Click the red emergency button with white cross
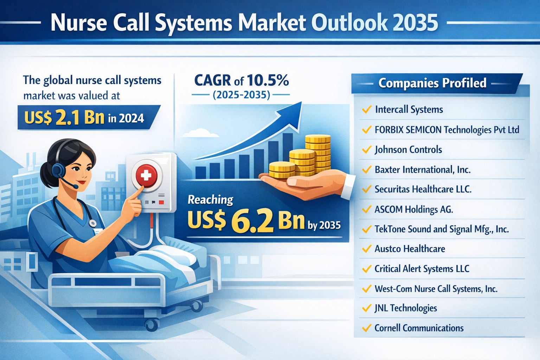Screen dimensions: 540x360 146,175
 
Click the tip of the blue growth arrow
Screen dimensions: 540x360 301,102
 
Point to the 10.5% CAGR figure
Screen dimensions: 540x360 268,80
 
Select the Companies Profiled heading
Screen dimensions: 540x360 432,83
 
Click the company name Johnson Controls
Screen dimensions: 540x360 409,150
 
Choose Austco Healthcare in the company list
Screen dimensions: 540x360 410,249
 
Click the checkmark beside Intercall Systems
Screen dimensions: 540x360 367,110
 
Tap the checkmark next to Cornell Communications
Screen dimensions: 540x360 367,328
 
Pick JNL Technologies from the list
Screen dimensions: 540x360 406,308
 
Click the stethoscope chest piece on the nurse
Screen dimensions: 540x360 92,223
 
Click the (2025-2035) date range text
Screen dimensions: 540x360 241,95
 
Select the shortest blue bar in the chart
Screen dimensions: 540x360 201,173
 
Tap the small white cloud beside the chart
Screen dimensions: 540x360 200,133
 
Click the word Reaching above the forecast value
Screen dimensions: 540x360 211,200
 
